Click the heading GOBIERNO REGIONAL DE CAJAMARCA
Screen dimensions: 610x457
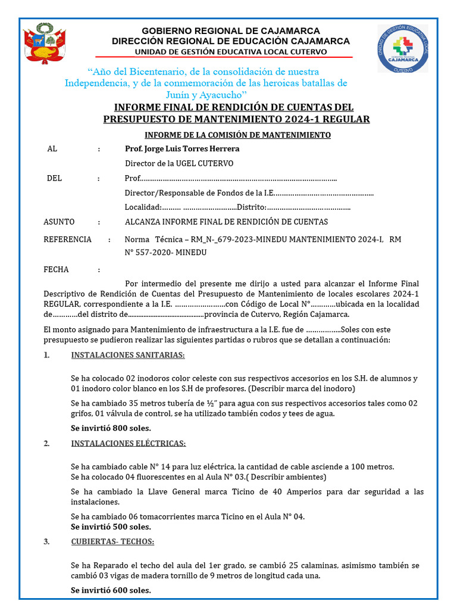(231, 31)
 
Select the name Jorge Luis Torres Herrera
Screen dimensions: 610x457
(181, 148)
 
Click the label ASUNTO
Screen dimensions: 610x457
(60, 222)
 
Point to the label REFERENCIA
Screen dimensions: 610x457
(67, 239)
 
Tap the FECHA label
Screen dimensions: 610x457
(57, 269)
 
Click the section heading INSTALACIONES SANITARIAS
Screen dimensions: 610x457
(128, 356)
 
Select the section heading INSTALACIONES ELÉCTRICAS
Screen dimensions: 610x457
(129, 444)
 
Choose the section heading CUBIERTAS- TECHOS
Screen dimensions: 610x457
(112, 541)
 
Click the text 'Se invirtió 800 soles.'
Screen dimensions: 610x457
(111, 428)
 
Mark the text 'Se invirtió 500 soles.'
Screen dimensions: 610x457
(111, 527)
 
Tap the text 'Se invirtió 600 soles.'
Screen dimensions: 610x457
(111, 590)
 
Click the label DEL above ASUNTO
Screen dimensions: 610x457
(54, 178)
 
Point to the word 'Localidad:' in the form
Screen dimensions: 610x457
(143, 207)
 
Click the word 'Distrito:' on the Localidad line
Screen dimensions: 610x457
(251, 207)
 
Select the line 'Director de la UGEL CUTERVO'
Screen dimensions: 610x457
(179, 163)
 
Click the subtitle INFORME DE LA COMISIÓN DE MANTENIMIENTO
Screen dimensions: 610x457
(238, 135)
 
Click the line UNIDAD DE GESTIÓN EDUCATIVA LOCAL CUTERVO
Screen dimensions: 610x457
(231, 52)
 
